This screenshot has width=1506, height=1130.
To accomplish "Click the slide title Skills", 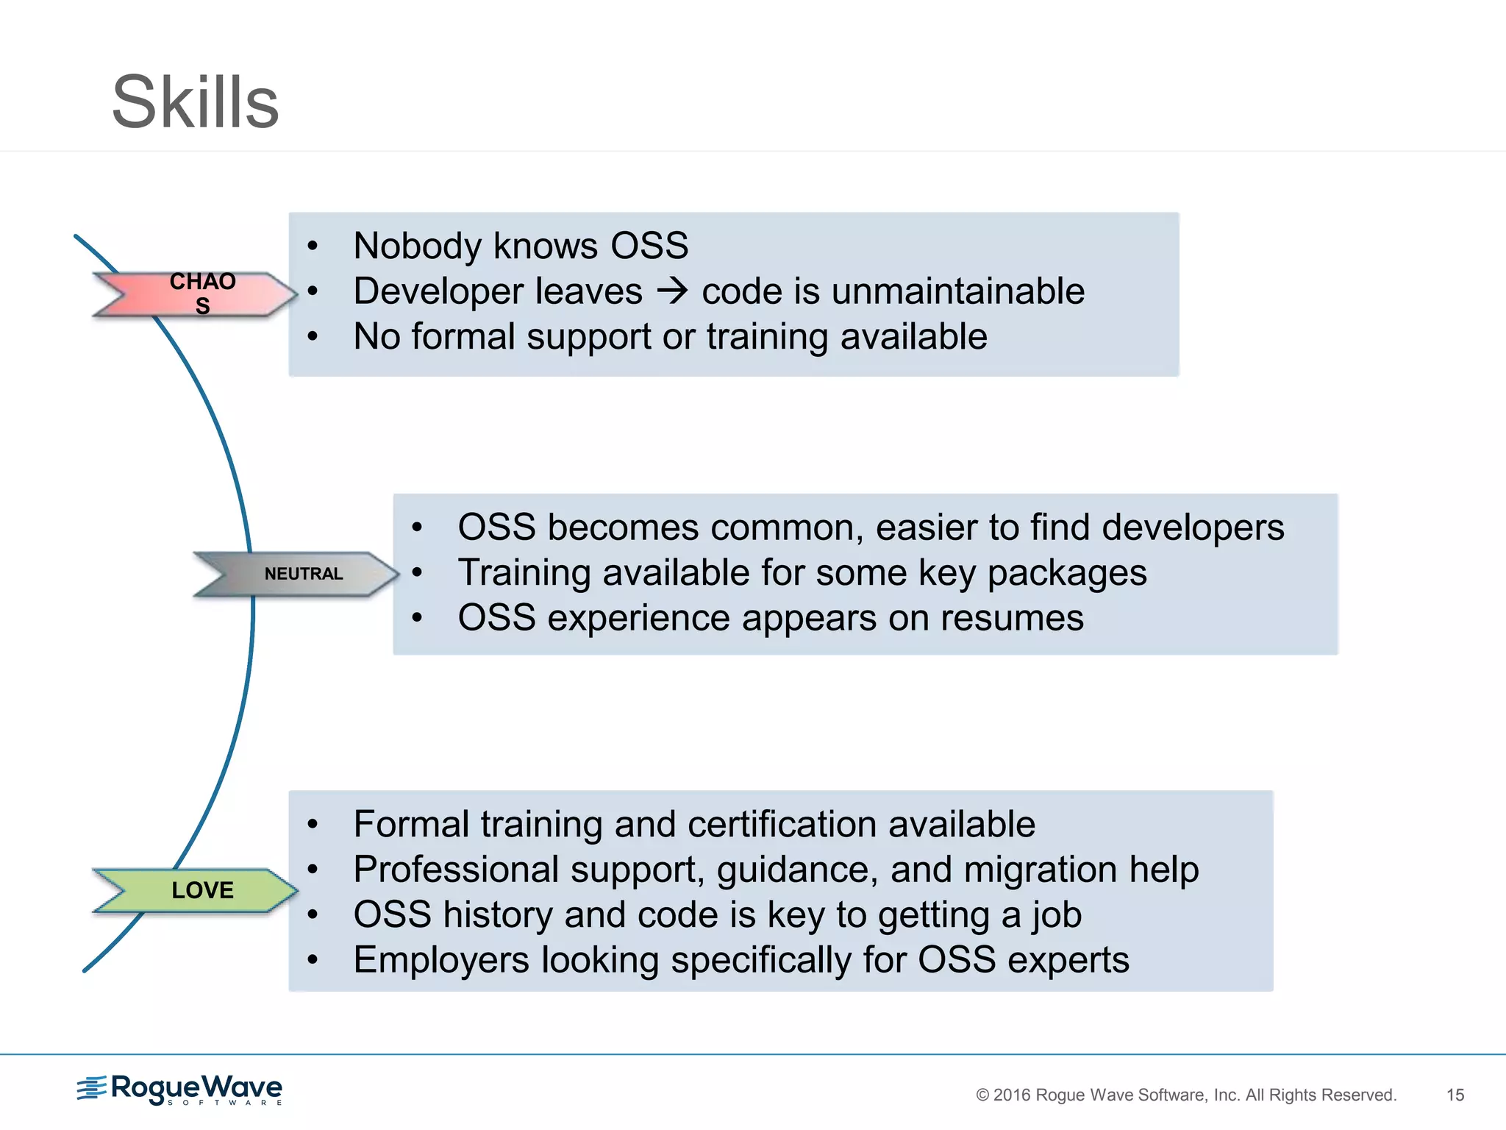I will (195, 102).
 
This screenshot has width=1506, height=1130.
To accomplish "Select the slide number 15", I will (1455, 1095).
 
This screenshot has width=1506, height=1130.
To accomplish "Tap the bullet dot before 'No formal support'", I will (313, 337).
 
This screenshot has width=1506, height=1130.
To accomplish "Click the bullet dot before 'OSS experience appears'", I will (417, 618).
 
